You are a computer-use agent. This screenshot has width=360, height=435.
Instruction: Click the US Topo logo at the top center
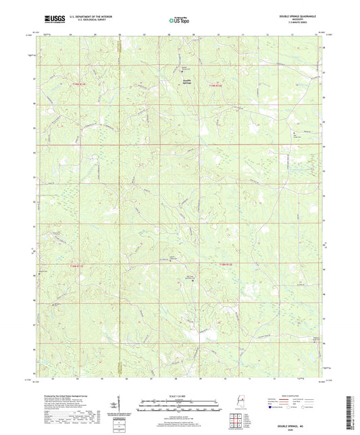coord(180,22)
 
